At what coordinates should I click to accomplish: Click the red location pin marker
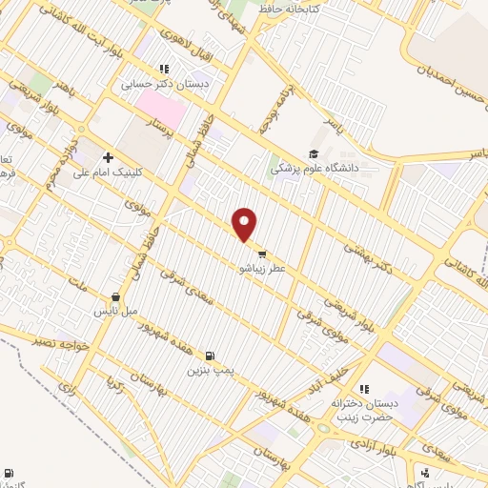(246, 223)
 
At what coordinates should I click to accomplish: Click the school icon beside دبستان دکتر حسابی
(164, 69)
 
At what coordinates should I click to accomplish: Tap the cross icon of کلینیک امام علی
(109, 157)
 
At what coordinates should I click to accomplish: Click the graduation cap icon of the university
(314, 153)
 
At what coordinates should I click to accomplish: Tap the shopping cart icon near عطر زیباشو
(261, 254)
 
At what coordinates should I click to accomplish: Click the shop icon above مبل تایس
(115, 296)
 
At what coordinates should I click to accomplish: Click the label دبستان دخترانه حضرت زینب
(362, 411)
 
